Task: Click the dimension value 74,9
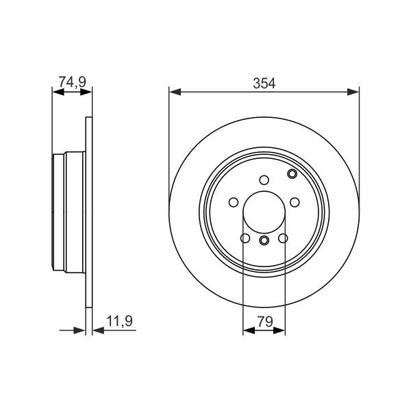pyautogui.click(x=72, y=82)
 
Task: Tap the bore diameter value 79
pyautogui.click(x=264, y=319)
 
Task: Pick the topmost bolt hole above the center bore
pyautogui.click(x=264, y=180)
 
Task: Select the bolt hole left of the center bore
pyautogui.click(x=233, y=202)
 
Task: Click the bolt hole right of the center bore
pyautogui.click(x=295, y=202)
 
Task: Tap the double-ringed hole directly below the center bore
pyautogui.click(x=264, y=240)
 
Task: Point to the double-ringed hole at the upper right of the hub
pyautogui.click(x=292, y=174)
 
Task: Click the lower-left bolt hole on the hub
pyautogui.click(x=245, y=238)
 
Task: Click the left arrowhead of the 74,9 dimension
pyautogui.click(x=57, y=91)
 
